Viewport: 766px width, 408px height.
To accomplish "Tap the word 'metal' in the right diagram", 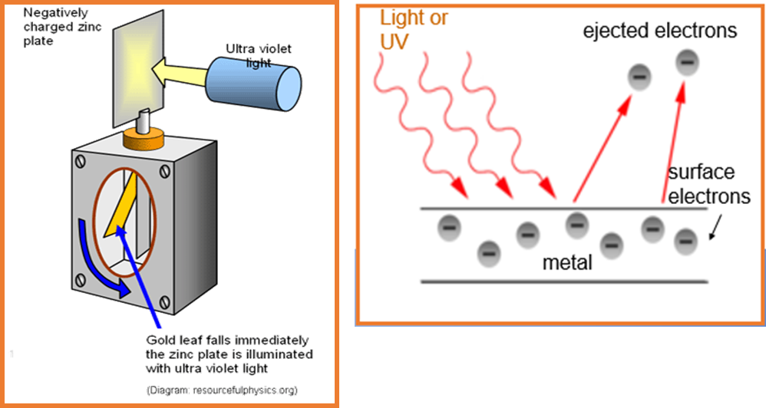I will pos(567,263).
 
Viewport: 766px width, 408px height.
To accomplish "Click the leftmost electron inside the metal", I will pos(450,225).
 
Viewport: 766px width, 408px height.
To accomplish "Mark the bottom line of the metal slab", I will pos(563,281).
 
